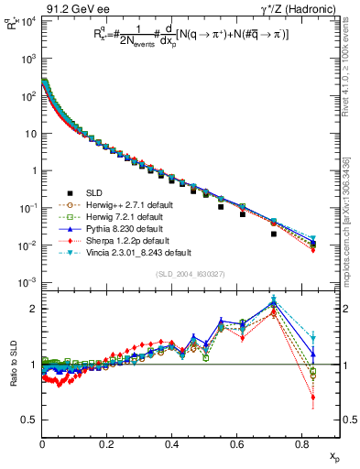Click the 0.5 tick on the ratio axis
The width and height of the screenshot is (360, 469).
click(x=30, y=420)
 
